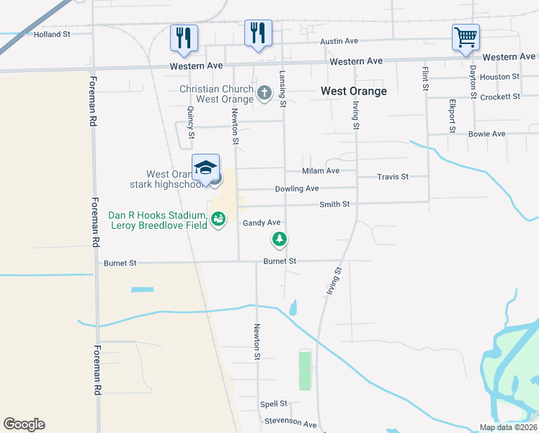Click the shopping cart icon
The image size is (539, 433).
click(x=465, y=37)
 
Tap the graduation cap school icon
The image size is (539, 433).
click(x=205, y=168)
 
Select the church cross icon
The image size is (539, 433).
click(x=264, y=92)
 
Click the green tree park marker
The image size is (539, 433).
click(x=279, y=239)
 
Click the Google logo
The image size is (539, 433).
click(x=24, y=424)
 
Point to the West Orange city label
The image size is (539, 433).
click(x=353, y=91)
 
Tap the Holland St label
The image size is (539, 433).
click(x=51, y=34)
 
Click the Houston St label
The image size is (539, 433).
click(x=500, y=76)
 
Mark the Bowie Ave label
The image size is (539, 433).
click(x=487, y=134)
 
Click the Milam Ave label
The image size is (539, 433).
click(x=321, y=171)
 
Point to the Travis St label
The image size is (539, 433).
click(x=393, y=176)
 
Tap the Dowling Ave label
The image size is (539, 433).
click(x=296, y=189)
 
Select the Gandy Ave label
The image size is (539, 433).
click(x=261, y=223)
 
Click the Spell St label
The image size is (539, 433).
click(x=274, y=403)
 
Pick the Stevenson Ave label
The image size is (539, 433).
click(x=290, y=422)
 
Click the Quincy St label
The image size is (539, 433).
click(x=191, y=123)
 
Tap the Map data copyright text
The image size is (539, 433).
click(x=508, y=427)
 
